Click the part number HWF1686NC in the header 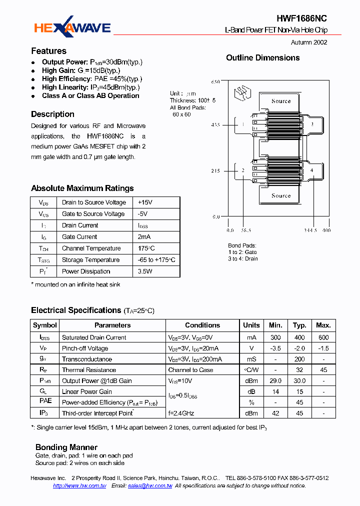[x=301, y=18]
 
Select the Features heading [x=48, y=51]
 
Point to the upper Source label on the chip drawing [x=280, y=101]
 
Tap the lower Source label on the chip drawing [x=280, y=195]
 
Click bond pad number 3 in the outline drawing [x=312, y=124]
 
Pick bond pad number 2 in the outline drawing [x=243, y=170]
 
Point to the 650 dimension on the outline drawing [x=215, y=81]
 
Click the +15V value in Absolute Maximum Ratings [x=145, y=202]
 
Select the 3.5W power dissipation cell [x=145, y=271]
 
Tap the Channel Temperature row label [x=91, y=248]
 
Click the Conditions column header [x=202, y=325]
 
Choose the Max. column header [x=323, y=325]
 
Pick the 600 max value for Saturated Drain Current [x=323, y=337]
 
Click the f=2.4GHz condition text [x=181, y=413]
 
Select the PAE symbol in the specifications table [x=45, y=401]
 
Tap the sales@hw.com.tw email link [x=150, y=486]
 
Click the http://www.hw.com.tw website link [x=79, y=486]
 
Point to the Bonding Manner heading [x=66, y=447]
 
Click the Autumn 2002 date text [x=309, y=42]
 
